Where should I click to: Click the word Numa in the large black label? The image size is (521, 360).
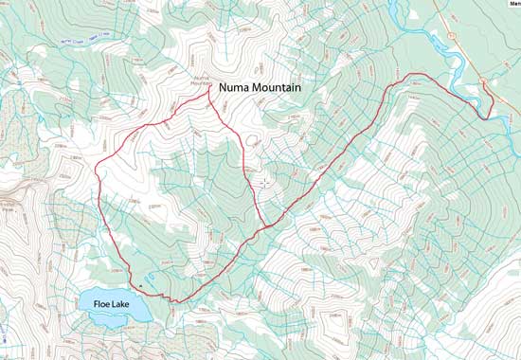[x=236, y=87]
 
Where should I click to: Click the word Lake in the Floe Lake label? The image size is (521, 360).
[x=127, y=304]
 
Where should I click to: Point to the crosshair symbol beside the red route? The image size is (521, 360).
[x=263, y=180]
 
